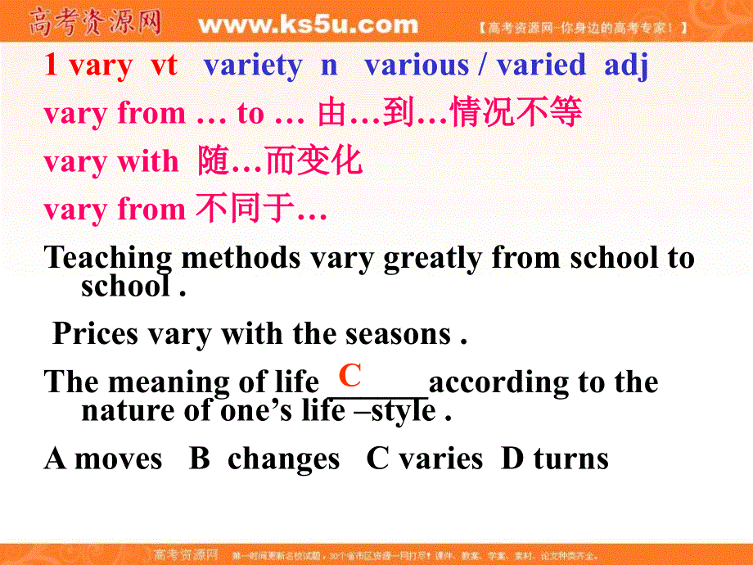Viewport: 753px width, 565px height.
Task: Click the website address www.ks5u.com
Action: [308, 25]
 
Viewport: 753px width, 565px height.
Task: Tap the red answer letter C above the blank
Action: [350, 376]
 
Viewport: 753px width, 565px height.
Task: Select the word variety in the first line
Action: [252, 66]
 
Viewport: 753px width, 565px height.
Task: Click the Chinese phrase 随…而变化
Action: [280, 161]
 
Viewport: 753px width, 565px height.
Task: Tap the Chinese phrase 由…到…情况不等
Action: [449, 114]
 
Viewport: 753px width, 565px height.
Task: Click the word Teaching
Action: [108, 259]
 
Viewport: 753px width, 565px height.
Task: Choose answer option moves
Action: [118, 459]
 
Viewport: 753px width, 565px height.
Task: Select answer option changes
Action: [283, 459]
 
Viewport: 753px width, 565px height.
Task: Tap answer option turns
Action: [570, 459]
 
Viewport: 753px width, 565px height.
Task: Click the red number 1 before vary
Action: [51, 66]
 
